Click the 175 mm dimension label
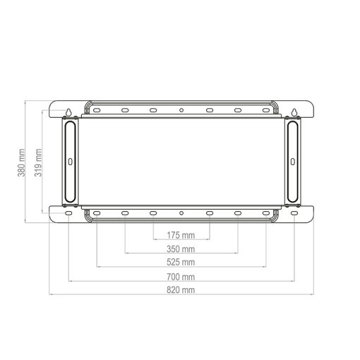pos(181,235)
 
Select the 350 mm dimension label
pos(181,249)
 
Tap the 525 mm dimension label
pos(181,262)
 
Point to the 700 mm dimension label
pos(181,277)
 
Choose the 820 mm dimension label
pos(181,289)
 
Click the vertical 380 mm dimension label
pos(21,162)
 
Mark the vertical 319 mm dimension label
pos(38,162)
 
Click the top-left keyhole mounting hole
pos(68,112)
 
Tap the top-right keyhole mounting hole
pos(294,112)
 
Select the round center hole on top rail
pos(181,110)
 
